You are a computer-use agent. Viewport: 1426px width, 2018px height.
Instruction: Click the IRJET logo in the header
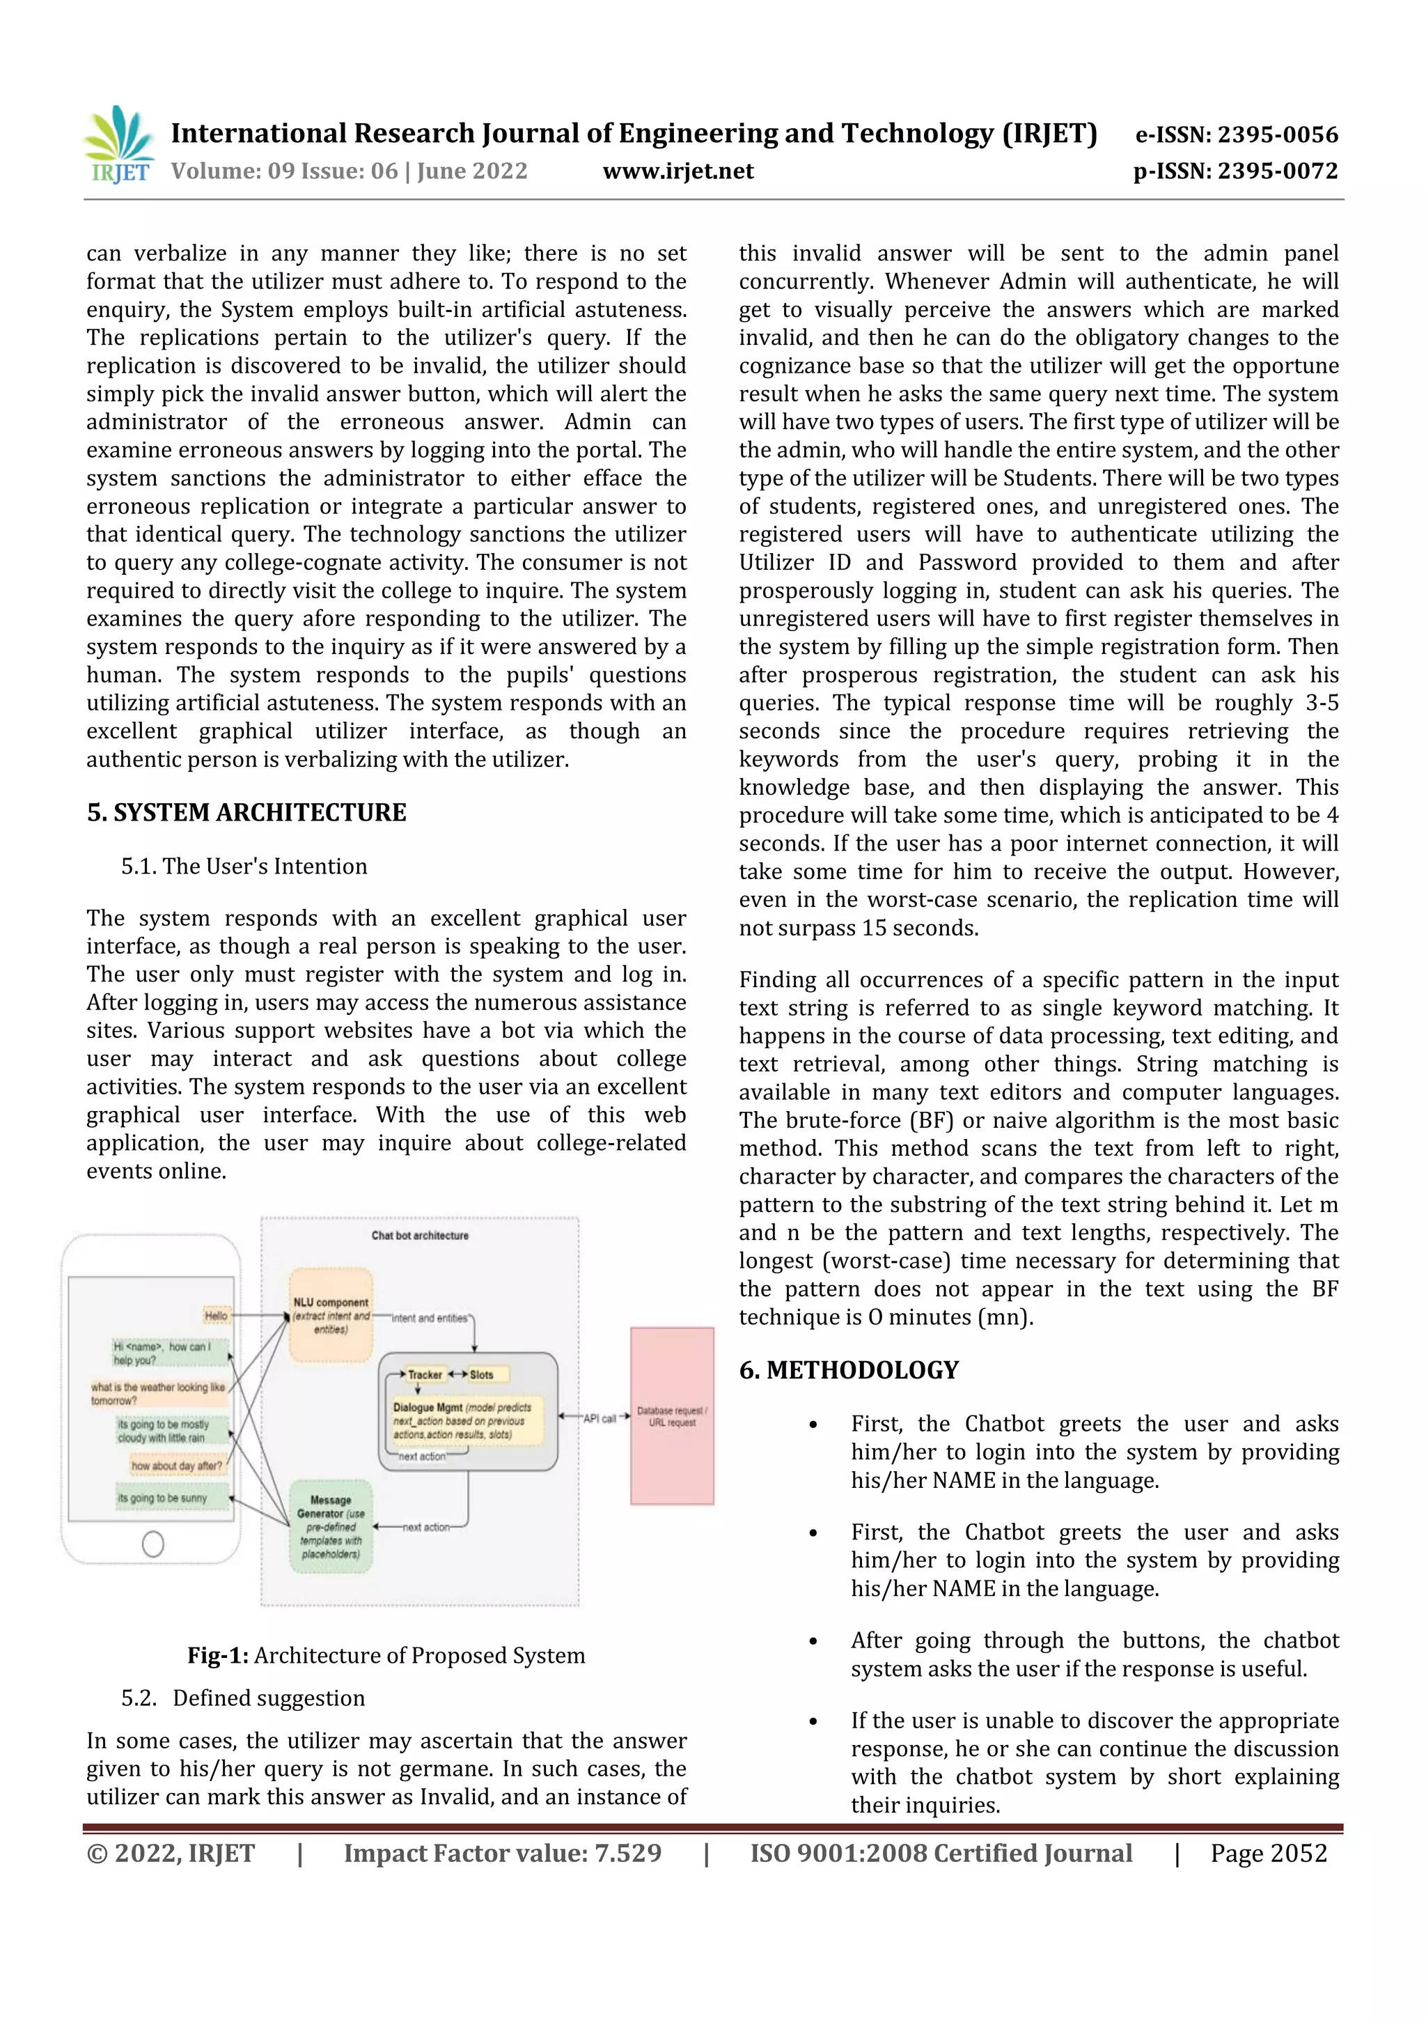tap(118, 146)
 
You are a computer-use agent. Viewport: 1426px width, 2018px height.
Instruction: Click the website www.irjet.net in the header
tap(677, 171)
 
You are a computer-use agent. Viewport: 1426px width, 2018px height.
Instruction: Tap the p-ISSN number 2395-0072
tap(1276, 171)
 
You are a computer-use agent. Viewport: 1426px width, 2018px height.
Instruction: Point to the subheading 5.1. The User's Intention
tap(244, 867)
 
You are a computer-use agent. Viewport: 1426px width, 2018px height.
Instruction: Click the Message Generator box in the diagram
tap(331, 1527)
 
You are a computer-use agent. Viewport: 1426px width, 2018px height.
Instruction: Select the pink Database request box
tap(672, 1416)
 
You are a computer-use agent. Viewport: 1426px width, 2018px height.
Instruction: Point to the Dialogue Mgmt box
tap(466, 1420)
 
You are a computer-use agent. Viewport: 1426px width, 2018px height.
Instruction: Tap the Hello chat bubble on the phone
tap(216, 1316)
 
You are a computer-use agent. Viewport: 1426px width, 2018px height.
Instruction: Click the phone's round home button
tap(153, 1544)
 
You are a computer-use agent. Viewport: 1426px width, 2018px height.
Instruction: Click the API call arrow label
tap(600, 1418)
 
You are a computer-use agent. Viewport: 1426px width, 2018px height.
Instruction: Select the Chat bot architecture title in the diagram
tap(420, 1236)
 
